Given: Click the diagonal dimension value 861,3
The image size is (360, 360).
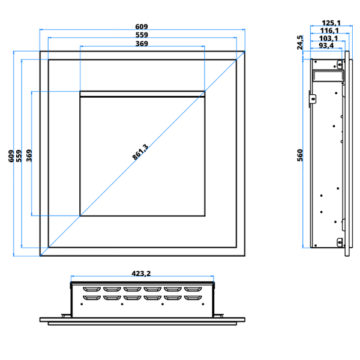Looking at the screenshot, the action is (x=140, y=152).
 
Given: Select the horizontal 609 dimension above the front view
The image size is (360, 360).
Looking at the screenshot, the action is (x=142, y=27).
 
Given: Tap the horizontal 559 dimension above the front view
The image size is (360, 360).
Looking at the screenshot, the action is (x=142, y=35).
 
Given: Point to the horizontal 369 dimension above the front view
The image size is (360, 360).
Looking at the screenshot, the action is (x=142, y=44).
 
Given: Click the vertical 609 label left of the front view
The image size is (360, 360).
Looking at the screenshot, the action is (x=11, y=156).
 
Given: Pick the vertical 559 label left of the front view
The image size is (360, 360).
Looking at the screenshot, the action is (x=19, y=156).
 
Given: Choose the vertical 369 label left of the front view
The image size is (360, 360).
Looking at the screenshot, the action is (x=29, y=155).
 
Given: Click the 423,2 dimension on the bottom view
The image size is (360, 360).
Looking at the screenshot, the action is (x=141, y=274).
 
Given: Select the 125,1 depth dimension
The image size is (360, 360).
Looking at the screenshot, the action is (x=331, y=23).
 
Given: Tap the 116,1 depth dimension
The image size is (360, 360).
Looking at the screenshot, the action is (x=329, y=31).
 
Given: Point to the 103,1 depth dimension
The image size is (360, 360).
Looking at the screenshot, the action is (x=329, y=38).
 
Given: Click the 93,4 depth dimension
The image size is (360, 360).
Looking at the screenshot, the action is (x=326, y=46).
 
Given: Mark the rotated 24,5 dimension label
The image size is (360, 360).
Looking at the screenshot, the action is (x=300, y=43).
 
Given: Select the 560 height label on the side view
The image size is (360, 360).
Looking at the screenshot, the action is (x=300, y=155).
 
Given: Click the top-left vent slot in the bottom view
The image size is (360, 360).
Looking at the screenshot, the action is (x=92, y=289).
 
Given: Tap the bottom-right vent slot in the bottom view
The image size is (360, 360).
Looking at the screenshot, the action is (x=193, y=298).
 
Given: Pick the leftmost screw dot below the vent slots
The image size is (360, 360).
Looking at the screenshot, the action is (x=82, y=304).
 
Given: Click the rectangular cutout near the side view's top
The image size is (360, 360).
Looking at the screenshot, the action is (x=329, y=76).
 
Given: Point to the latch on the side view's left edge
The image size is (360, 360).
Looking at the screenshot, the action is (x=313, y=99).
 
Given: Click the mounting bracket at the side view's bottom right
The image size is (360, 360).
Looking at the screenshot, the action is (x=340, y=242).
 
